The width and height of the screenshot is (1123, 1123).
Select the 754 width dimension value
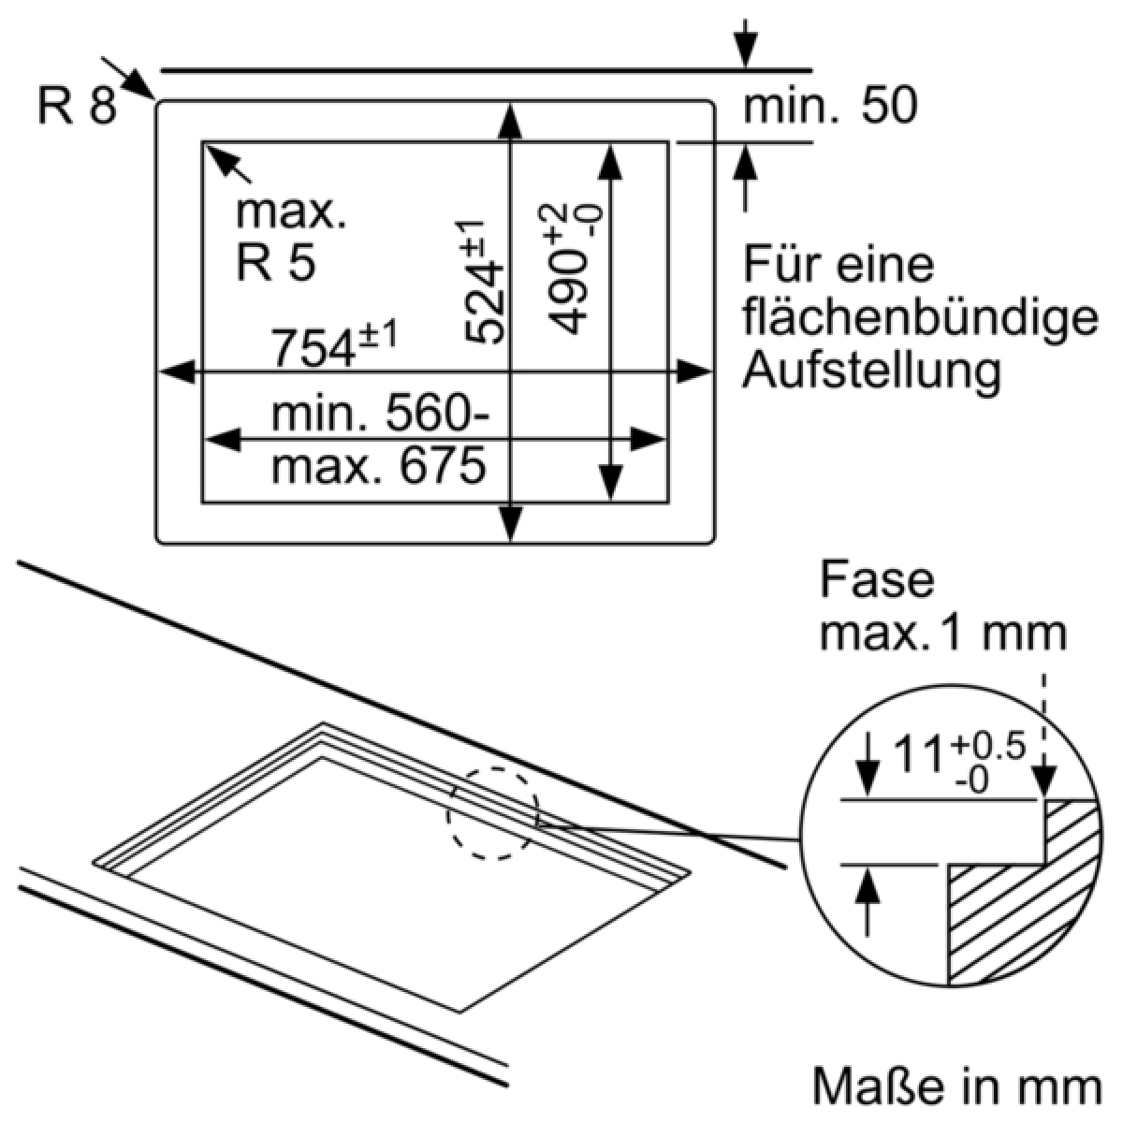pos(313,348)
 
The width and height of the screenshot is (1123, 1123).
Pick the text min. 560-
pos(381,414)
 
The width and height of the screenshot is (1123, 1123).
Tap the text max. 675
pos(378,465)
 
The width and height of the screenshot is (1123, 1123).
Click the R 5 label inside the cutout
pos(276,262)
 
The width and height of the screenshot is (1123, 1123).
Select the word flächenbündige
pos(920,318)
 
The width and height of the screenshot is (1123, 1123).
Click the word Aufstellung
pos(872,372)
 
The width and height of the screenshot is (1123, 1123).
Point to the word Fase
pos(877,580)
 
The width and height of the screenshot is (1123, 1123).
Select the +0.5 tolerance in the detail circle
pos(987,747)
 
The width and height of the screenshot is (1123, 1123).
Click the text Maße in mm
pos(957,1087)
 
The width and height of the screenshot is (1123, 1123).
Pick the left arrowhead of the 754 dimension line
pos(177,372)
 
